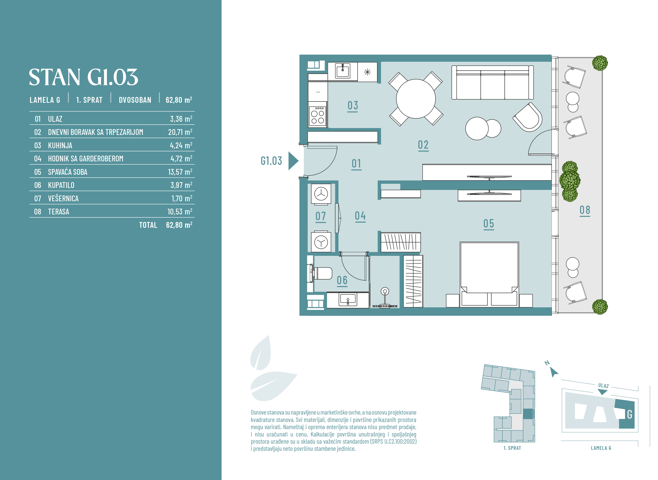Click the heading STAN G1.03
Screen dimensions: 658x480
[83, 77]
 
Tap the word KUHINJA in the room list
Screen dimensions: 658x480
[60, 145]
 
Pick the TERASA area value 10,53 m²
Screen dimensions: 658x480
[180, 212]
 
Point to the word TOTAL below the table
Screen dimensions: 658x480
[148, 225]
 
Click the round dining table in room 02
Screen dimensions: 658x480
[416, 99]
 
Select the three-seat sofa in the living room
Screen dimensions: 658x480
[492, 82]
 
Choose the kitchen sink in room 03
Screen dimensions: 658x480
[343, 71]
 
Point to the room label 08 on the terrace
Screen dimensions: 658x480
[585, 210]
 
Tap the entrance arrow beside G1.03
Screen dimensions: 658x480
[293, 161]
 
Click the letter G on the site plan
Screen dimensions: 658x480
[630, 414]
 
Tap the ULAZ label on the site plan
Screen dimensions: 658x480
[603, 386]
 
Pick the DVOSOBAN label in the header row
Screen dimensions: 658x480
[135, 100]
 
